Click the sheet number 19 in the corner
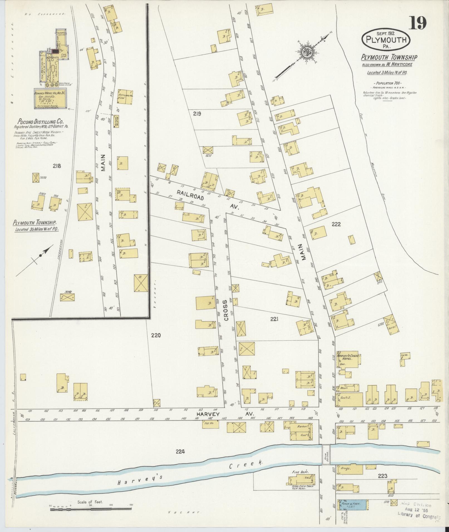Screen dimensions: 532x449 coord(417,23)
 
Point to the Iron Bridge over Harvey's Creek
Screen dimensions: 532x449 coord(326,454)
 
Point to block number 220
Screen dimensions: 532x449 coord(156,335)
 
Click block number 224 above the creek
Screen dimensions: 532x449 coord(180,452)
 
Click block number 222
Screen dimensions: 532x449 coord(336,224)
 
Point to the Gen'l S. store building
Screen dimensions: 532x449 coord(349,399)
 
